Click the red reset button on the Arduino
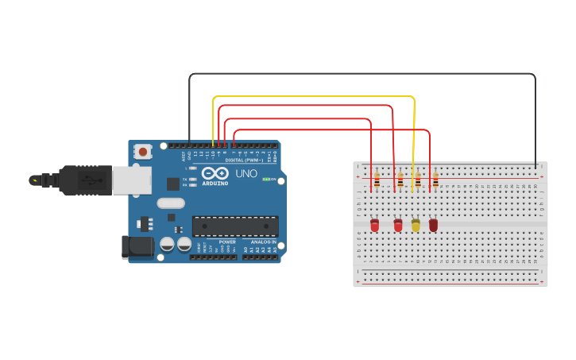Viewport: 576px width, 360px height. click(x=143, y=151)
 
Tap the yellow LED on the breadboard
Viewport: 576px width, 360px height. click(x=416, y=226)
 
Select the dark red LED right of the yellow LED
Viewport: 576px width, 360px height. click(x=433, y=226)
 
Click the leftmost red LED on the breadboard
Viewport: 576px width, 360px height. click(x=374, y=226)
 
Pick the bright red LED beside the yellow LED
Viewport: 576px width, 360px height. click(x=398, y=226)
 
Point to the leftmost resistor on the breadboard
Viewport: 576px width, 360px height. click(x=377, y=180)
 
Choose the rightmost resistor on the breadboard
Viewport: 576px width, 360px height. click(x=435, y=180)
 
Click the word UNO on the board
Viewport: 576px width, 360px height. click(x=246, y=173)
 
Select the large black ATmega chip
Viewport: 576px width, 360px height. click(x=235, y=226)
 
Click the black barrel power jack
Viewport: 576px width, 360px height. click(x=137, y=247)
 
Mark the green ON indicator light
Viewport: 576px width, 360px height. click(x=265, y=180)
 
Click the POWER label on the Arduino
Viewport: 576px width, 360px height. click(x=227, y=242)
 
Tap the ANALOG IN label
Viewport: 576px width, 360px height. click(x=264, y=242)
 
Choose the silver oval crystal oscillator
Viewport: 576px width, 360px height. click(x=171, y=203)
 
